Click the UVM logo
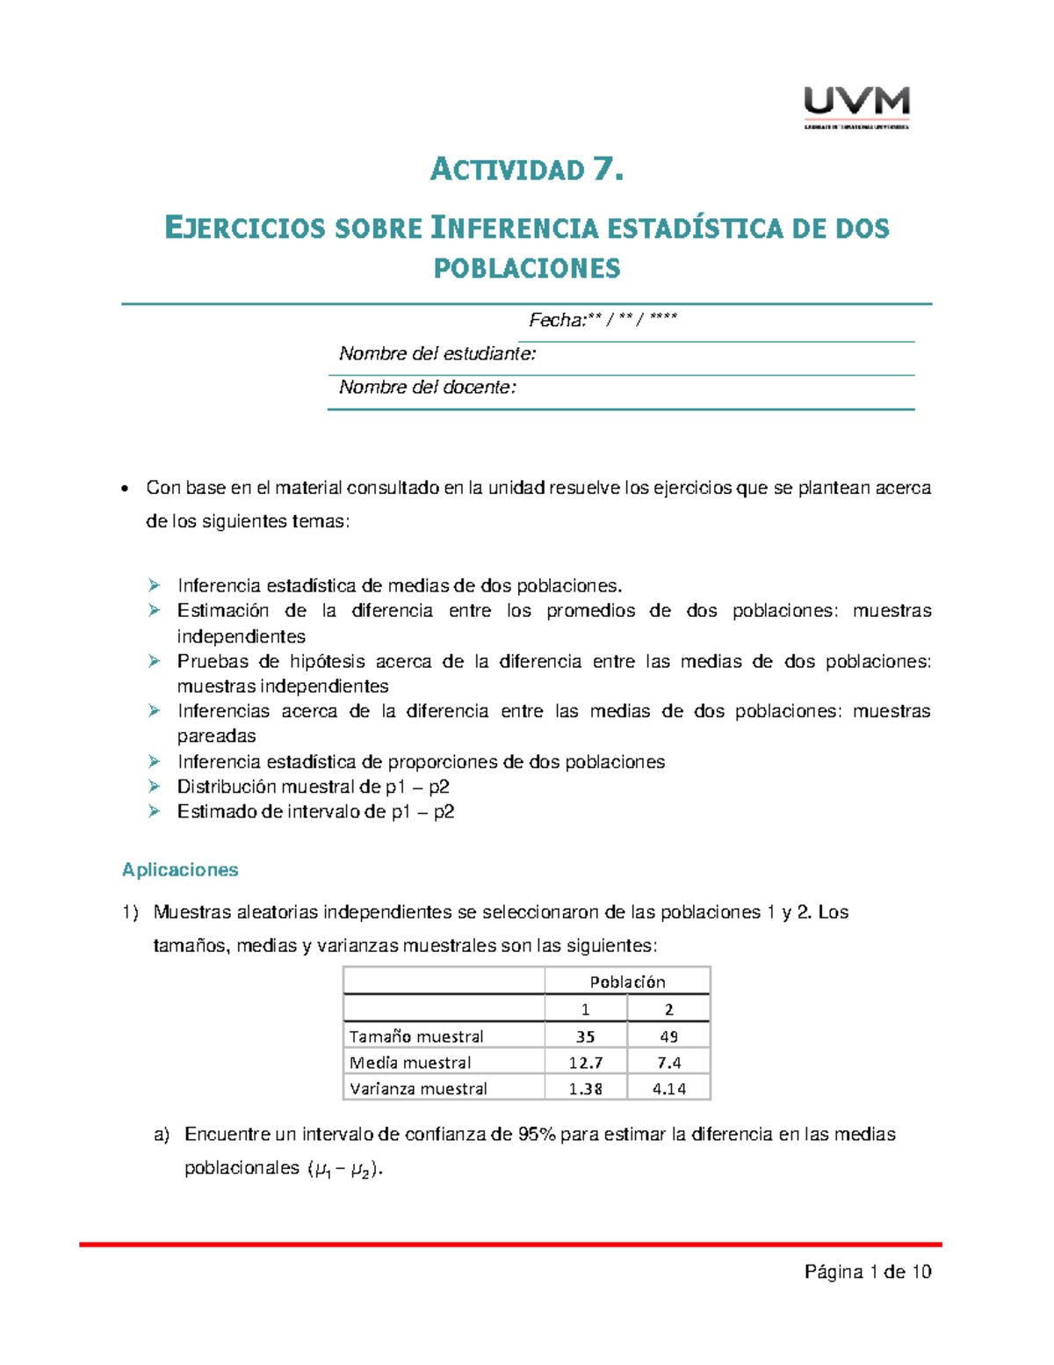click(x=856, y=106)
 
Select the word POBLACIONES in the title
click(x=527, y=267)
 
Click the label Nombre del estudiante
click(x=437, y=354)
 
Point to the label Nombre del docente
click(x=428, y=388)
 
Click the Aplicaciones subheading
click(x=180, y=870)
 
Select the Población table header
click(x=627, y=982)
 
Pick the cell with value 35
click(x=585, y=1036)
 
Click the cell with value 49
click(x=668, y=1036)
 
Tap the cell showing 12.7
click(x=585, y=1063)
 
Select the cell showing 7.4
click(x=668, y=1063)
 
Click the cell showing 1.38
click(x=585, y=1089)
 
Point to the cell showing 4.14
click(x=668, y=1089)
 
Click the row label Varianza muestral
click(x=418, y=1089)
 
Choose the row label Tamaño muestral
click(x=416, y=1036)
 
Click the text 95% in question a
click(x=536, y=1135)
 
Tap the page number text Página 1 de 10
click(x=868, y=1272)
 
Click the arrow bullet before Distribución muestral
click(x=155, y=787)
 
